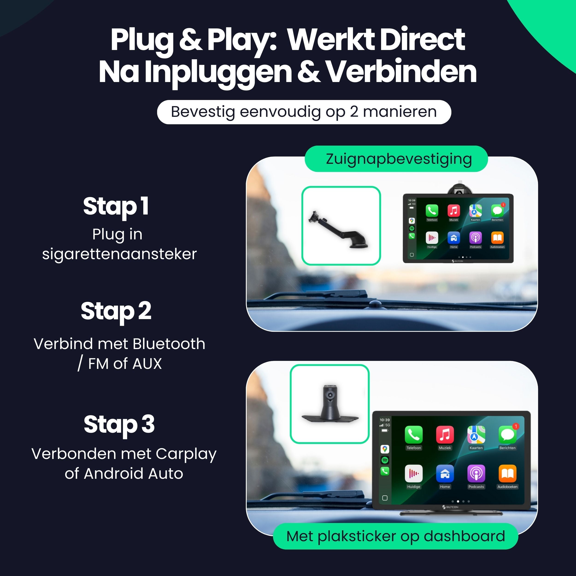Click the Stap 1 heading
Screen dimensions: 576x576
click(x=116, y=206)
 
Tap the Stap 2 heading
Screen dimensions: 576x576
click(x=116, y=311)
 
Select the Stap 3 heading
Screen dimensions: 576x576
click(x=119, y=424)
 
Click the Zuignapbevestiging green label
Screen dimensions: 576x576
click(x=399, y=159)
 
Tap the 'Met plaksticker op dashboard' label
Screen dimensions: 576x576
click(x=396, y=536)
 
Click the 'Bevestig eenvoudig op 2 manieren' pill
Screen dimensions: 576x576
click(x=304, y=112)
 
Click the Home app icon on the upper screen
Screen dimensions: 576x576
click(x=453, y=238)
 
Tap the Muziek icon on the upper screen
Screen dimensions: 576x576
click(x=453, y=211)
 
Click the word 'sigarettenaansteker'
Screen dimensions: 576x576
click(x=119, y=254)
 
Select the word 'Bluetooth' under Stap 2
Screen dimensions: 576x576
click(x=169, y=344)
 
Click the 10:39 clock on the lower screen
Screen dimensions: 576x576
click(x=385, y=420)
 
